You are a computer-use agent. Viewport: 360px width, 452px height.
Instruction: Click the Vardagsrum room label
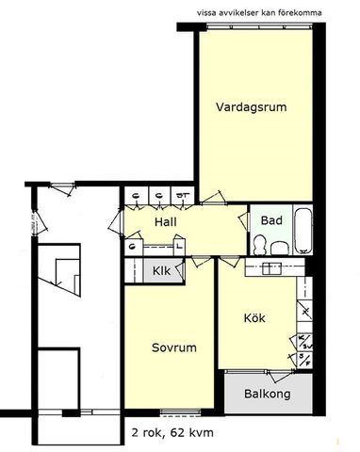(x=250, y=106)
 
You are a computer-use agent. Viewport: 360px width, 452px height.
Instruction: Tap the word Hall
(x=167, y=222)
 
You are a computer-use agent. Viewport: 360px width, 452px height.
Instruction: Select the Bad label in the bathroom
(x=271, y=220)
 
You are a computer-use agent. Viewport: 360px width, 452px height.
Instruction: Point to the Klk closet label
(x=161, y=271)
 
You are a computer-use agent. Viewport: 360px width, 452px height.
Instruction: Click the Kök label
(x=254, y=318)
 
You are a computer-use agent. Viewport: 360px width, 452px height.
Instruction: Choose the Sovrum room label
(x=173, y=347)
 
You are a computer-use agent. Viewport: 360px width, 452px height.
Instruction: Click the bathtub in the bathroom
(x=303, y=231)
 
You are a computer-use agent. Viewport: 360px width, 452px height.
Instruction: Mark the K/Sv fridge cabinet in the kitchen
(x=304, y=342)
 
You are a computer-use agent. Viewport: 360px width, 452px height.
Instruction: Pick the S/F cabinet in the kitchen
(x=304, y=359)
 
